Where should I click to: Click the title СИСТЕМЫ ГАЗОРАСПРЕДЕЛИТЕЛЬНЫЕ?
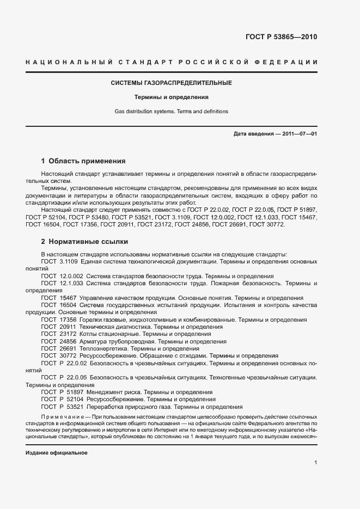172,83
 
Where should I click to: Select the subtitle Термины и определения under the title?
172,97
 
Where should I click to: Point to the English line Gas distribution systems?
172,112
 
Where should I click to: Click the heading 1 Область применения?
83,161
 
